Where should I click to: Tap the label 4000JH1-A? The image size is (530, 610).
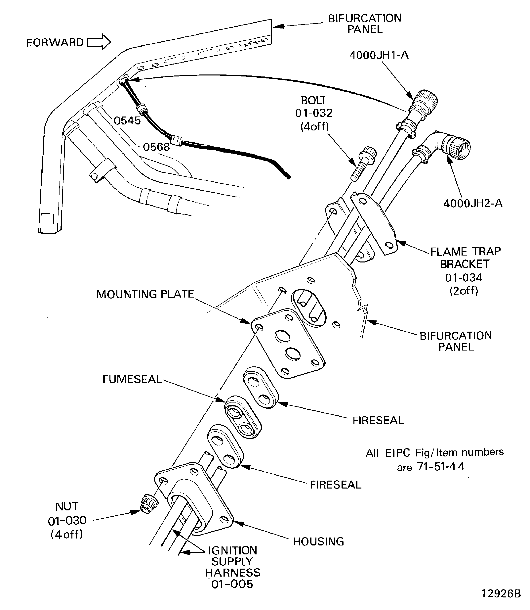379,55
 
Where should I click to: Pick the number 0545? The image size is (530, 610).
127,121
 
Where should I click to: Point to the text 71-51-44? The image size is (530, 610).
441,467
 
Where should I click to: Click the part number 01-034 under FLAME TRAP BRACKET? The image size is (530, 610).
464,278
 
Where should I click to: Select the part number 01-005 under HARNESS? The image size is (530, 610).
232,584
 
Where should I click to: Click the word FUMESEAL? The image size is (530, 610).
132,379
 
